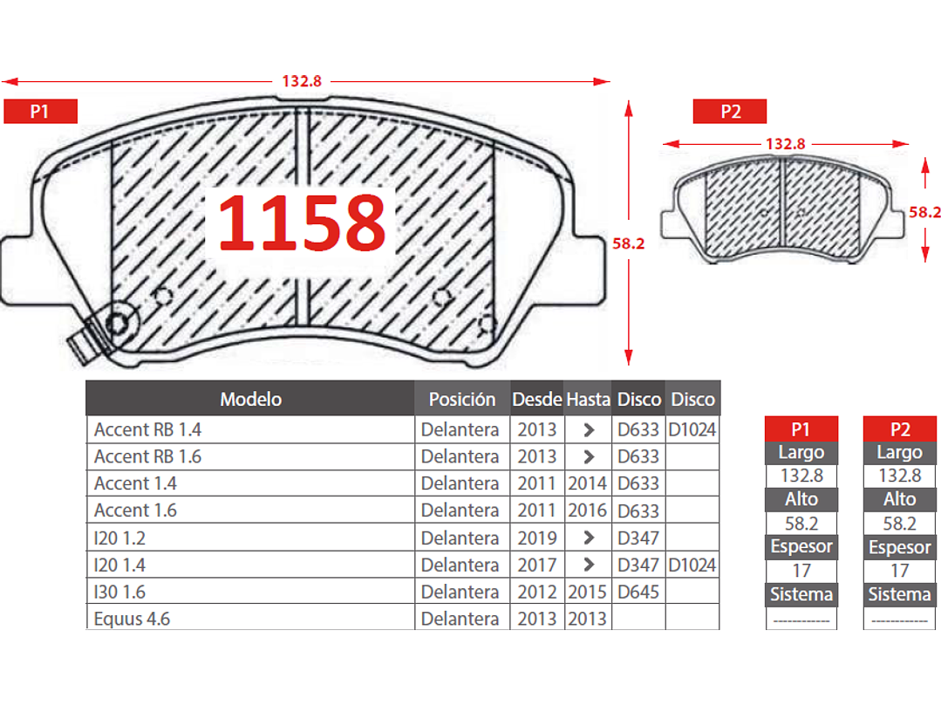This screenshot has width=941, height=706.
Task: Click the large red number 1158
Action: pyautogui.click(x=302, y=223)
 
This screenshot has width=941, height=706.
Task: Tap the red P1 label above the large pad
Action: pyautogui.click(x=40, y=111)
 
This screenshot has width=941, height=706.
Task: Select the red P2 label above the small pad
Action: pyautogui.click(x=730, y=111)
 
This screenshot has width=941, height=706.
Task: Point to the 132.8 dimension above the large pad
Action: pyautogui.click(x=302, y=81)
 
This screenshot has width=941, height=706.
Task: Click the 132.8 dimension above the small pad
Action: pyautogui.click(x=785, y=144)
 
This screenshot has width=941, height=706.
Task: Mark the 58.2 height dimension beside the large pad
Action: pyautogui.click(x=628, y=243)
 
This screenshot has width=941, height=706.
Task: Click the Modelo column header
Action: pyautogui.click(x=251, y=399)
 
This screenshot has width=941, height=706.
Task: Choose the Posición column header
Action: pyautogui.click(x=462, y=399)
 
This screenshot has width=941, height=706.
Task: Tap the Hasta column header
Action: pyautogui.click(x=588, y=399)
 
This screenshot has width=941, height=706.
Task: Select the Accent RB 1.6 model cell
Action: pyautogui.click(x=147, y=457)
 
